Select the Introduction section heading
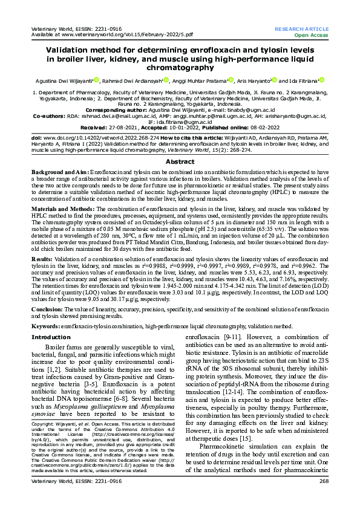tap(51, 337)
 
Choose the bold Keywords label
tap(46, 326)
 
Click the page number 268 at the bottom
tap(323, 497)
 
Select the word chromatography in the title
tap(180, 68)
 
